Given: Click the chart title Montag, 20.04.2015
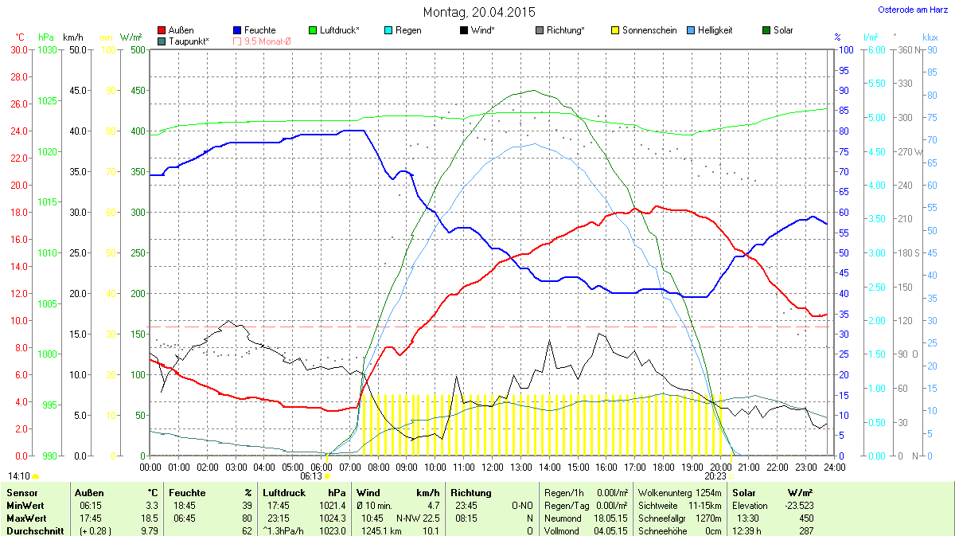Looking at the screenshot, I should pyautogui.click(x=479, y=12).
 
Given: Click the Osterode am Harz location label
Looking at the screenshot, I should pyautogui.click(x=908, y=10).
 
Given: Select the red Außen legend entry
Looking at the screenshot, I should pyautogui.click(x=176, y=30).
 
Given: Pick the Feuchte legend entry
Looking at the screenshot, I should pyautogui.click(x=254, y=30).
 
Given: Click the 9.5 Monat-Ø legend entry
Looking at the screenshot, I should pyautogui.click(x=263, y=41).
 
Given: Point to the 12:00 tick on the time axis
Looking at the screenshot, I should pyautogui.click(x=492, y=466).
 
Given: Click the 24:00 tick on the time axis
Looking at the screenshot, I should pyautogui.click(x=834, y=466).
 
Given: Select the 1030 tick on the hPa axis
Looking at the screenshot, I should pyautogui.click(x=48, y=49).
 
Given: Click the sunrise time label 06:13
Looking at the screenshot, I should pyautogui.click(x=310, y=475).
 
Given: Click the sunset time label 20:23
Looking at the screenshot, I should pyautogui.click(x=715, y=475).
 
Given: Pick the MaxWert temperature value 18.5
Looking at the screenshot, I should pyautogui.click(x=150, y=518).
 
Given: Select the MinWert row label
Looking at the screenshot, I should pyautogui.click(x=25, y=505).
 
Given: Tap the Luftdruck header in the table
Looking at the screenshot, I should pyautogui.click(x=283, y=493).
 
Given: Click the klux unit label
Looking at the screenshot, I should pyautogui.click(x=930, y=37).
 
